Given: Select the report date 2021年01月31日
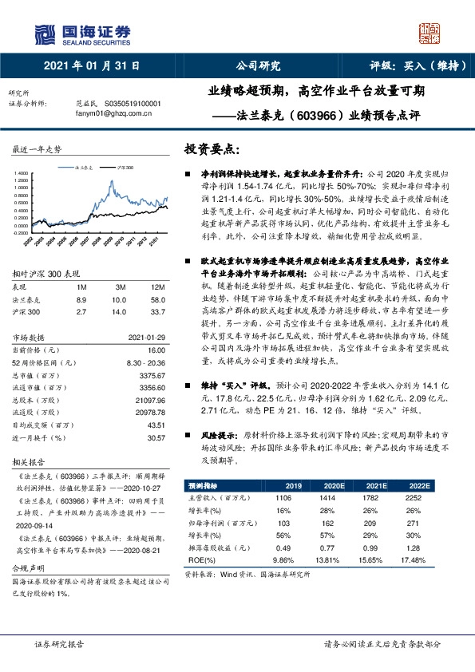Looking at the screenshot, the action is pos(93,65).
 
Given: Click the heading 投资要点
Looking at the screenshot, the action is pos(211,149).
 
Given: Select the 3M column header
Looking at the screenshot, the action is pos(121,286).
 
